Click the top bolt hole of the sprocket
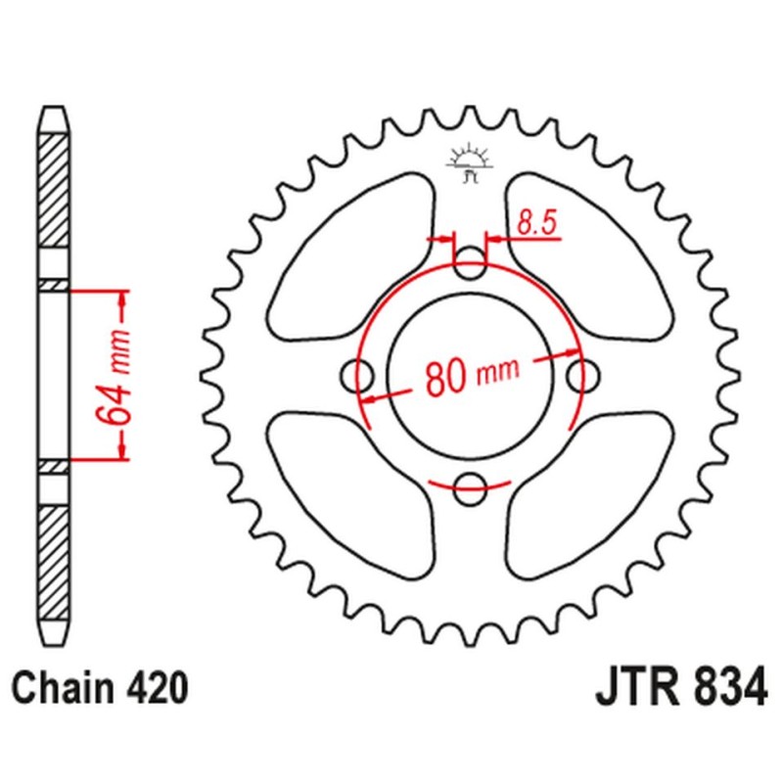click(x=473, y=260)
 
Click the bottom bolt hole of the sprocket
click(x=473, y=483)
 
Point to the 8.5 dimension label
click(x=536, y=223)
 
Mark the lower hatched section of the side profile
click(x=55, y=553)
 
